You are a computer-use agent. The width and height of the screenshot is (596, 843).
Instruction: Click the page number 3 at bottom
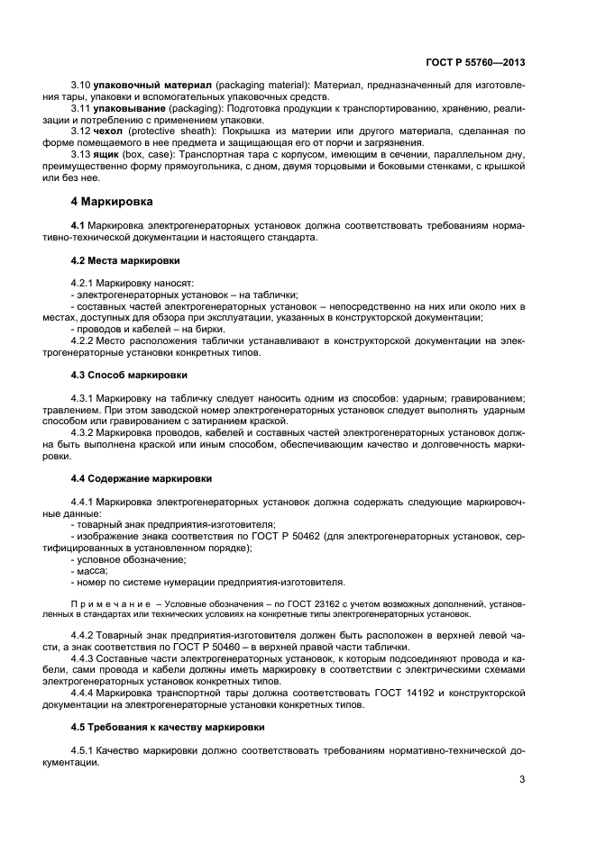(522, 780)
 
